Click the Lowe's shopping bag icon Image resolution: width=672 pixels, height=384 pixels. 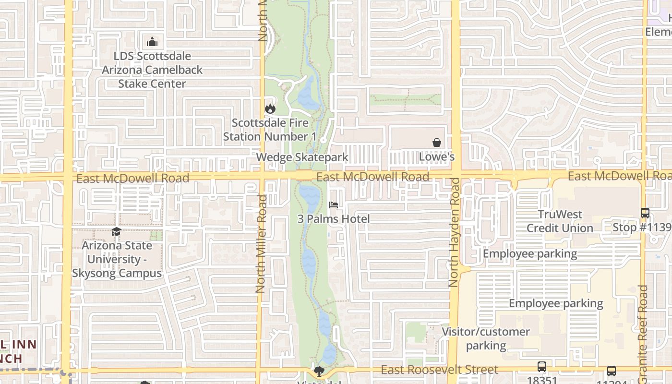click(437, 143)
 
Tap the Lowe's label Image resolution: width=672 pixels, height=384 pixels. click(437, 157)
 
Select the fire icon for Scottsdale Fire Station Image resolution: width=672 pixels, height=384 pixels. click(270, 108)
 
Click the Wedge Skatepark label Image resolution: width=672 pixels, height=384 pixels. click(302, 157)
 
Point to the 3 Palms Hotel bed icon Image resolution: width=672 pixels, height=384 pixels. click(334, 205)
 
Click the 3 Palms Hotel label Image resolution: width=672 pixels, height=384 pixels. click(334, 219)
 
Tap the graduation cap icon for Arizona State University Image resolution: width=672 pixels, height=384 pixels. click(116, 232)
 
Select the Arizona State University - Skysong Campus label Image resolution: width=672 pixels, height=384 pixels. click(117, 259)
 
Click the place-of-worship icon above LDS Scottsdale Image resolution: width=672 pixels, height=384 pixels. click(152, 42)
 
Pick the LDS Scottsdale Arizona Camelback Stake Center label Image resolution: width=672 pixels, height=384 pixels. click(152, 70)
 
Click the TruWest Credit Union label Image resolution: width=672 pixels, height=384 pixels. click(560, 221)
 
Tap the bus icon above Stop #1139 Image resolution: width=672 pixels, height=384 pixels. click(645, 213)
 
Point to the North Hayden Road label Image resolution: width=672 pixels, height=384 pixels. click(454, 233)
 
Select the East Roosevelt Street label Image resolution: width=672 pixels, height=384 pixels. click(439, 370)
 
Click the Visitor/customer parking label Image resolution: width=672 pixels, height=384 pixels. click(486, 338)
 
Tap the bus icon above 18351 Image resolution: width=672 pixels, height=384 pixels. click(541, 367)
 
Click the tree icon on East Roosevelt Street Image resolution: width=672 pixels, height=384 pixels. click(318, 371)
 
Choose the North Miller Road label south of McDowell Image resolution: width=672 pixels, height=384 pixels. click(261, 244)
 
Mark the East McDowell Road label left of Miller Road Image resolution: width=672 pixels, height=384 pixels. click(132, 179)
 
